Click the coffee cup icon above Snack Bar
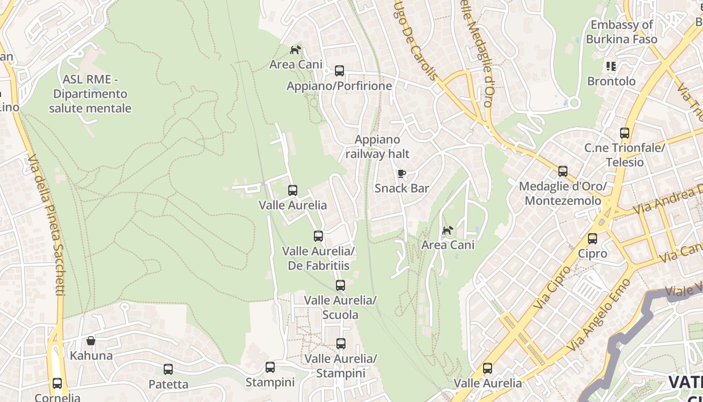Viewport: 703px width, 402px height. click(x=401, y=174)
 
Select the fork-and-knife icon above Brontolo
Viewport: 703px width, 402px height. click(x=611, y=66)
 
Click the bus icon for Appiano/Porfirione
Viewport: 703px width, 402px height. click(x=339, y=71)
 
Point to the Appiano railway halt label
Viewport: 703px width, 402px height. click(x=378, y=147)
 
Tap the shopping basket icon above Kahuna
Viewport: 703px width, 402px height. click(x=91, y=341)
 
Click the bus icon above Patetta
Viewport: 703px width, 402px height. click(x=168, y=369)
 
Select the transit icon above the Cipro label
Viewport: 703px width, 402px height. click(x=593, y=239)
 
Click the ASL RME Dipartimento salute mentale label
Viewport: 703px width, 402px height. click(x=90, y=94)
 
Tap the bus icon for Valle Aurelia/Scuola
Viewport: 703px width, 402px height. click(x=340, y=285)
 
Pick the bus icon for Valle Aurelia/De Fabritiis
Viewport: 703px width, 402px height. click(x=318, y=236)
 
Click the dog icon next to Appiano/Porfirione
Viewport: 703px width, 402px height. click(x=296, y=50)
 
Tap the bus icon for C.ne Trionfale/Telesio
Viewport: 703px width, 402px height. click(x=625, y=133)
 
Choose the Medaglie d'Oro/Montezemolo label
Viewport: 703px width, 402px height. click(x=562, y=193)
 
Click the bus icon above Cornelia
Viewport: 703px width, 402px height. click(x=57, y=383)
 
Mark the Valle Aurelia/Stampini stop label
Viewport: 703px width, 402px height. click(x=341, y=366)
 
